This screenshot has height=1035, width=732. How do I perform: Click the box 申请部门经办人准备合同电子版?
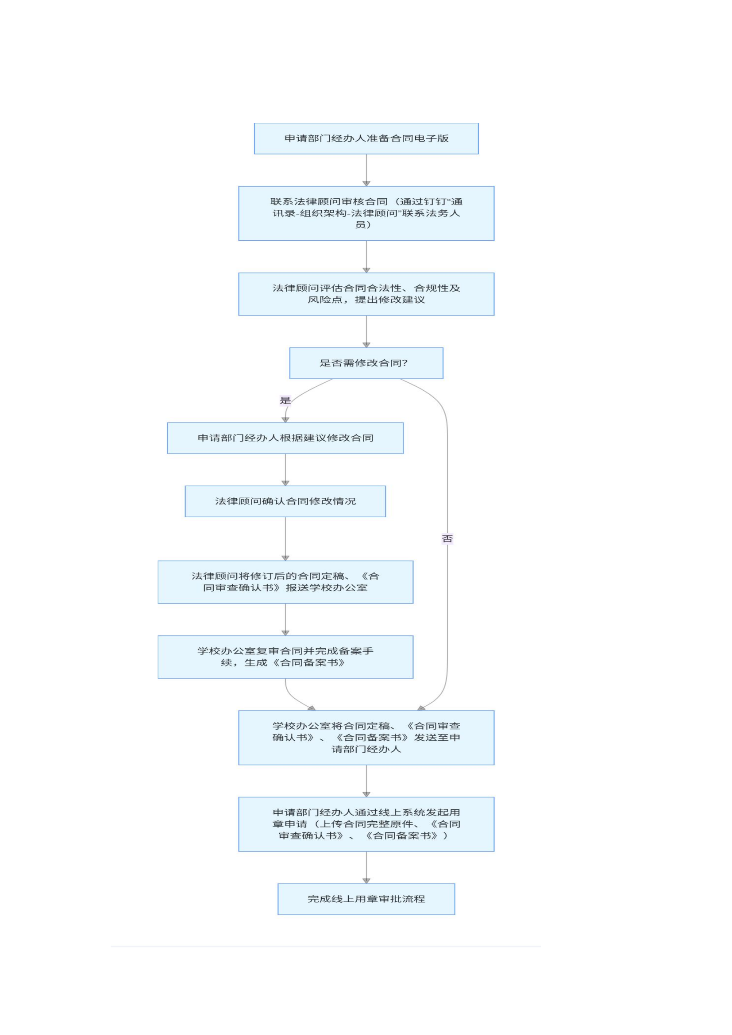366,139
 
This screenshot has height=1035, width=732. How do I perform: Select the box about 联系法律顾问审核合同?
366,213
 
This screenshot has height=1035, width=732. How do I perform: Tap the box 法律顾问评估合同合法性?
366,294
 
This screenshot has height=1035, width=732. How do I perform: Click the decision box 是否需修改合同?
366,363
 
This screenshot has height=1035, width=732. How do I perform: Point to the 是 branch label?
285,400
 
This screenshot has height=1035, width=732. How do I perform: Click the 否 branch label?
447,539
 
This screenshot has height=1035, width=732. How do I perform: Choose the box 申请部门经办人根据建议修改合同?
285,438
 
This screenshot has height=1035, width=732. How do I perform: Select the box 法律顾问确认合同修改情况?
285,501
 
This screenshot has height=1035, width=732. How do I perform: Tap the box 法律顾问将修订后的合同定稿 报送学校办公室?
285,582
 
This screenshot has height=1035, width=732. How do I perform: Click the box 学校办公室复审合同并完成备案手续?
285,657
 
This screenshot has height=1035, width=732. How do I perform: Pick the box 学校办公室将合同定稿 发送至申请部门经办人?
366,738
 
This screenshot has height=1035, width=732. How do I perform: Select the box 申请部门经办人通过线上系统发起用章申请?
366,824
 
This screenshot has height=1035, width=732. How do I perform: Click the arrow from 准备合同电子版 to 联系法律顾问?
366,170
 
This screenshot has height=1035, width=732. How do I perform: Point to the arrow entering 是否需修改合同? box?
366,331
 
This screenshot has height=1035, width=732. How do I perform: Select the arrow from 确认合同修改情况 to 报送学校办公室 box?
285,539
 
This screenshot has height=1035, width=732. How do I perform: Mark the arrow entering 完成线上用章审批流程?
366,867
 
